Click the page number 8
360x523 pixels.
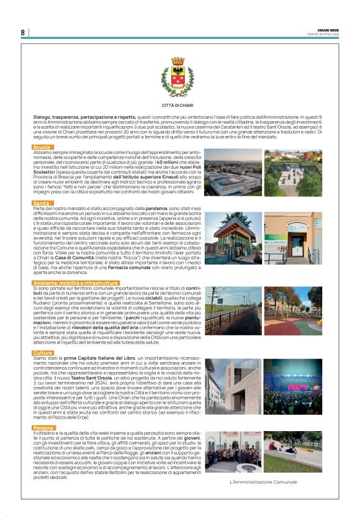coord(22,32)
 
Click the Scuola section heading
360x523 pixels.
coord(42,147)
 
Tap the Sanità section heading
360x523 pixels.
coord(42,202)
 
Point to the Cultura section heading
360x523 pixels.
coord(43,353)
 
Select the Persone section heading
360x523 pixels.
coord(44,428)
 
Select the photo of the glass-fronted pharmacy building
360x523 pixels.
coord(234,238)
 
